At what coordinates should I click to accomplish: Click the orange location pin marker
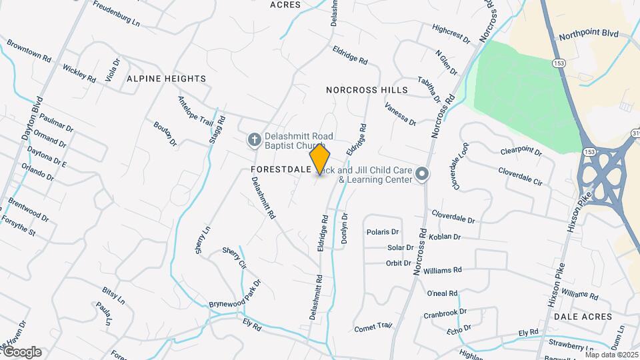(x=320, y=159)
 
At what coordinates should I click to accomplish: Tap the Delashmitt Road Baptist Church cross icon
(x=253, y=140)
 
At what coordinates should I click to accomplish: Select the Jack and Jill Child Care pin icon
(x=421, y=174)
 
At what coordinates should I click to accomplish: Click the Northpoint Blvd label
(x=589, y=34)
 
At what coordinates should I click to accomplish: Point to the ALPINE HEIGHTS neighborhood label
(x=166, y=78)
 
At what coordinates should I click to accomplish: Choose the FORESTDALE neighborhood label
(x=281, y=170)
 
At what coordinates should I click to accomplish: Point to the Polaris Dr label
(x=383, y=232)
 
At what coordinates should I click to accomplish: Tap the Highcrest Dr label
(x=451, y=34)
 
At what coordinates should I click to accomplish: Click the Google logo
(x=22, y=351)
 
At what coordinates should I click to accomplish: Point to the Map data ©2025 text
(x=612, y=355)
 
